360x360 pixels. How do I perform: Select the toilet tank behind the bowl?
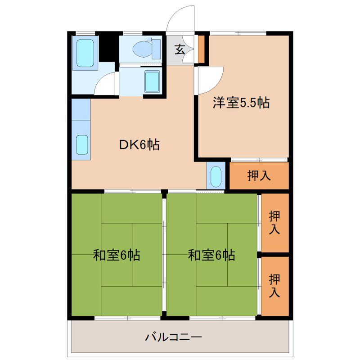click(156, 49)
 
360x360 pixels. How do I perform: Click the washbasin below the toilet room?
click(152, 81)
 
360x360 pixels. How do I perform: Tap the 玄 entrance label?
click(180, 49)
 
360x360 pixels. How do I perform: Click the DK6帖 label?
click(139, 145)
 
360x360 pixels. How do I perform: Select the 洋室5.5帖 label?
click(241, 103)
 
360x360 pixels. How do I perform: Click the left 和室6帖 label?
click(116, 256)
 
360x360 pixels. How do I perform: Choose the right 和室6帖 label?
click(211, 256)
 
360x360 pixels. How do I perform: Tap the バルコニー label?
click(173, 337)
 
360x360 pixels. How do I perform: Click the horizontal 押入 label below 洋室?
click(259, 176)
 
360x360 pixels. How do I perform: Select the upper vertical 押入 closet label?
click(274, 222)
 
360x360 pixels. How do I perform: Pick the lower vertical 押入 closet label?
click(274, 285)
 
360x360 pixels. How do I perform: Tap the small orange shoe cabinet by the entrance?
click(202, 49)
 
